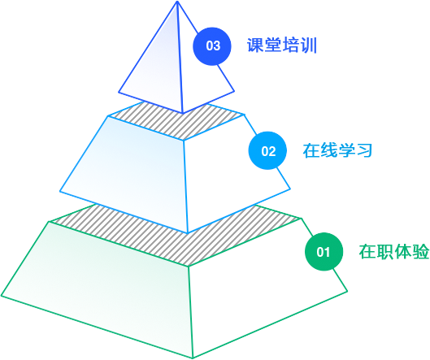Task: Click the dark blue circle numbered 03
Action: click(212, 46)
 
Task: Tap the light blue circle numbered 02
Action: click(267, 150)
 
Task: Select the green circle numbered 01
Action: click(324, 252)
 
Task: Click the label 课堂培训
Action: click(282, 45)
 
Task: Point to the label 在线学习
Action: click(337, 150)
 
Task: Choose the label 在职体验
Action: click(394, 251)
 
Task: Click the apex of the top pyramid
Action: click(177, 2)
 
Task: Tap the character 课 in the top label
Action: click(255, 45)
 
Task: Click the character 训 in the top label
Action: click(309, 45)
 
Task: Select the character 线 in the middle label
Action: click(329, 150)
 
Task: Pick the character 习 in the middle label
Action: click(364, 150)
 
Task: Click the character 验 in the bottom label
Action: click(420, 251)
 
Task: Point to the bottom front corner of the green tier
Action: click(193, 358)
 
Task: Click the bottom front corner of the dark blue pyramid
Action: click(183, 113)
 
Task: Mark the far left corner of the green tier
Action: click(2, 296)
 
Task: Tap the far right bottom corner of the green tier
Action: click(347, 291)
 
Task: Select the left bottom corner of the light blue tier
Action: click(60, 191)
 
